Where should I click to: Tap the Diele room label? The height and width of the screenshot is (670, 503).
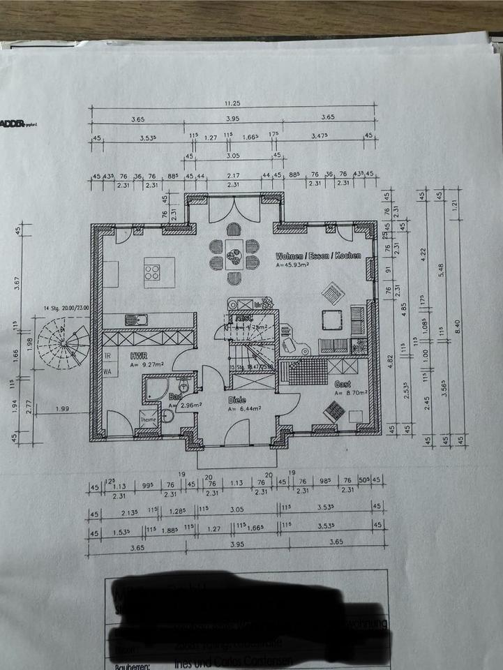[x=237, y=400]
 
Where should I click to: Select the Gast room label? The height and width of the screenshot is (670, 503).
[x=343, y=384]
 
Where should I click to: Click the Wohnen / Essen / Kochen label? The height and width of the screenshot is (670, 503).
[x=317, y=255]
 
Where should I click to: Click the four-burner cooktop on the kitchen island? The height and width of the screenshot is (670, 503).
[x=152, y=272]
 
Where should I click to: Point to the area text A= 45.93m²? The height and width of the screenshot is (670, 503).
[x=296, y=265]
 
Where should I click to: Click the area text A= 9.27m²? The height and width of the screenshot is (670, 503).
[x=147, y=364]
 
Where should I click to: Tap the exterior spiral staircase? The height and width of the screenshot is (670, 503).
[x=63, y=342]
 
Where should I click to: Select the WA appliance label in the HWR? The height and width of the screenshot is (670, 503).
[x=109, y=372]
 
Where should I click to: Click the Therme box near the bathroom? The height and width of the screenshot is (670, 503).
[x=149, y=419]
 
